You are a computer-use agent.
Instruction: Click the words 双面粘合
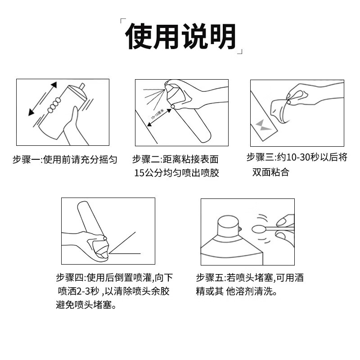point(270,171)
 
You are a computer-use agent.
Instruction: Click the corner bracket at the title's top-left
point(122,21)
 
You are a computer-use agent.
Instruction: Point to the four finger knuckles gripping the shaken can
point(54,105)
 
